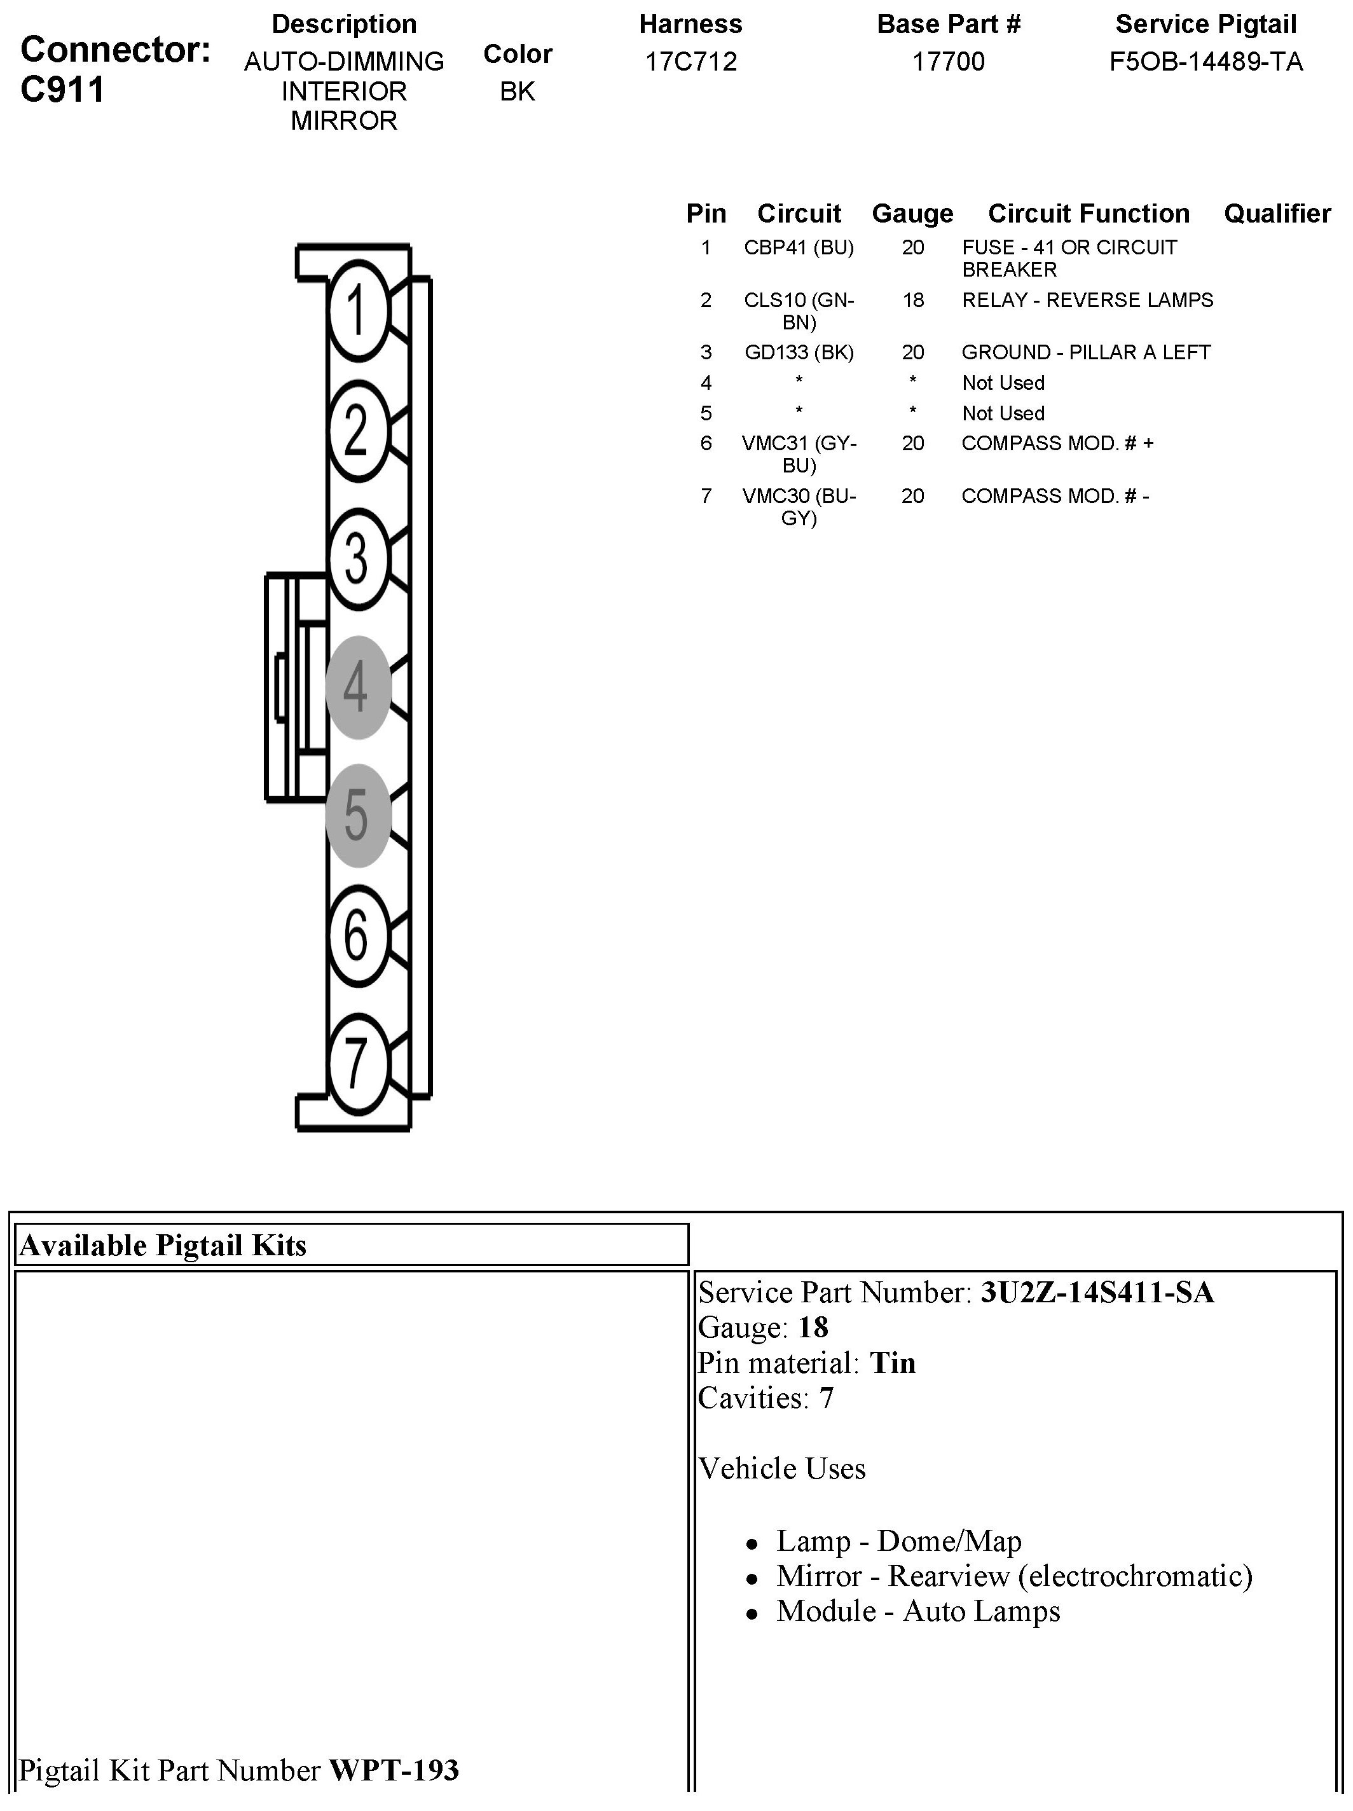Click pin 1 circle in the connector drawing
click(x=358, y=311)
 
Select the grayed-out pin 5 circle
click(x=358, y=815)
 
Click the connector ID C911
click(x=63, y=88)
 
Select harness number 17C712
click(x=691, y=62)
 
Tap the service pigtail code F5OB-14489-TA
click(x=1205, y=62)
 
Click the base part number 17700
click(x=949, y=62)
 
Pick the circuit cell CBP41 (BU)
click(x=798, y=247)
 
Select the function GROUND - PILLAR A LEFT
click(x=1085, y=352)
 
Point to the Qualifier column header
click(x=1277, y=213)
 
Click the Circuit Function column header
click(x=1089, y=213)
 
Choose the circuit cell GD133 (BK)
click(x=798, y=352)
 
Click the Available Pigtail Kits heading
click(x=163, y=1244)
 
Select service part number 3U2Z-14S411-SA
click(x=1097, y=1292)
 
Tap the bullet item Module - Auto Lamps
click(x=917, y=1611)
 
